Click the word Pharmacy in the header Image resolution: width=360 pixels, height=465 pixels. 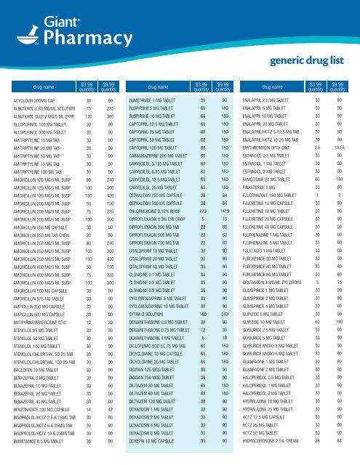click(x=65, y=42)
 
